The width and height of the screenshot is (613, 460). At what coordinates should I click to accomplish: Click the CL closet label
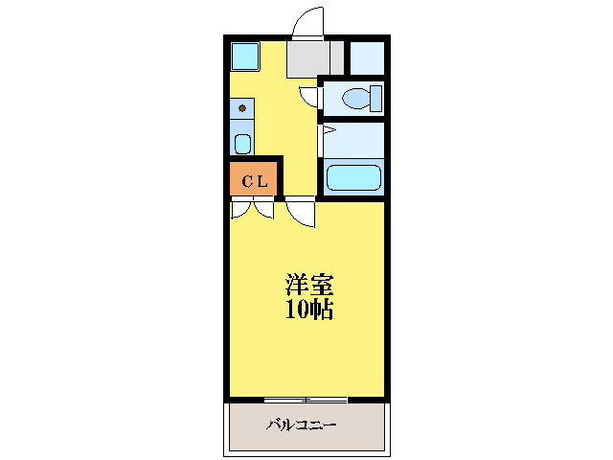pos(254,180)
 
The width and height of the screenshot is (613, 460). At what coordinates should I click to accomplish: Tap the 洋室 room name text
pos(309,286)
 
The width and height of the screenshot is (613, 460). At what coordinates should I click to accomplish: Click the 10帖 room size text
pos(309,310)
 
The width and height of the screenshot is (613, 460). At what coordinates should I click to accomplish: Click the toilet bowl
pos(356,98)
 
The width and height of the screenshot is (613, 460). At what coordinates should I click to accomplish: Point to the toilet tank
pos(375,98)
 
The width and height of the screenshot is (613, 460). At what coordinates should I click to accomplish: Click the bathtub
pos(354,178)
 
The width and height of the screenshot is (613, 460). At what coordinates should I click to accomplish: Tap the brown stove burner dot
pos(242,108)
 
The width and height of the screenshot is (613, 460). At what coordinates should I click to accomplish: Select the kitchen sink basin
pos(242,145)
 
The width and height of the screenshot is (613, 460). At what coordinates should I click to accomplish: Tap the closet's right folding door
pos(264,208)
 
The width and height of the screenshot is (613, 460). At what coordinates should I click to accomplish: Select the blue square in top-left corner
pos(245,57)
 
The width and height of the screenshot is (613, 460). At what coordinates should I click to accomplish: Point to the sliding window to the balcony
pos(306,399)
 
